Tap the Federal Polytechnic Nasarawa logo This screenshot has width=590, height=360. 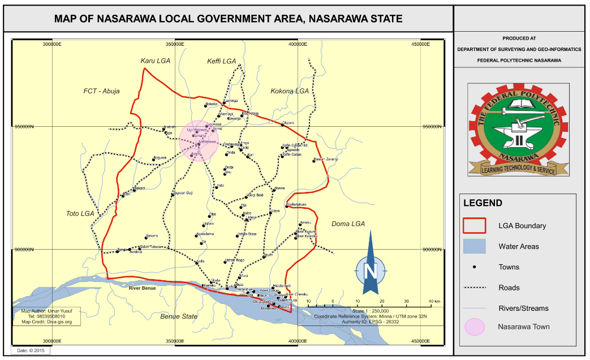coord(518,130)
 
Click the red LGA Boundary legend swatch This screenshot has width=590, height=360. coord(474,225)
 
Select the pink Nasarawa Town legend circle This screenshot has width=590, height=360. coord(474,327)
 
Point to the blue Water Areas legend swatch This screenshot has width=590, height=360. coord(474,246)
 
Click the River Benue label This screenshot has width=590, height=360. coord(142,289)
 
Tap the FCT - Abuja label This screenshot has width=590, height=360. coord(102,91)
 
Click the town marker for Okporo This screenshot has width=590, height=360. coord(282,125)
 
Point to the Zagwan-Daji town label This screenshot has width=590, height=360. coord(182,193)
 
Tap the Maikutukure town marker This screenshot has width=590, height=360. coord(287,207)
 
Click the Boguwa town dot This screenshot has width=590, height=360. coord(154,159)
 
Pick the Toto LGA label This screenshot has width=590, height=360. coord(80,213)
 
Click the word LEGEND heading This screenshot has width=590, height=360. coord(483,203)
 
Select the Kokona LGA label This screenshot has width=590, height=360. coord(290,91)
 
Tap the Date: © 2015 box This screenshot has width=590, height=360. coord(31,351)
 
